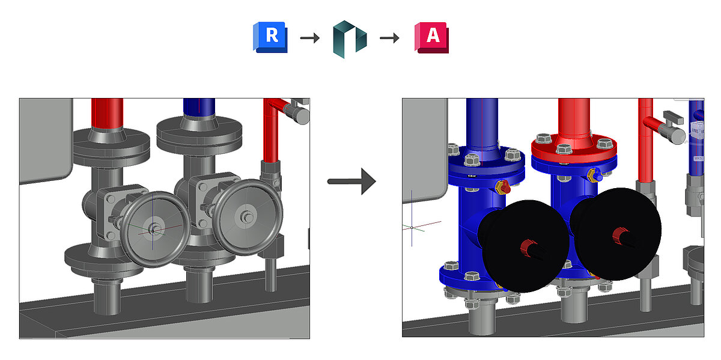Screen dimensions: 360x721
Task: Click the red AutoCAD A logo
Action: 431,37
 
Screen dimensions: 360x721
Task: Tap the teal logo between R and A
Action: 349,39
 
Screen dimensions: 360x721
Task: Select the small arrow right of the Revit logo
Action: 309,38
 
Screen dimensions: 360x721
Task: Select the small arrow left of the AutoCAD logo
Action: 390,38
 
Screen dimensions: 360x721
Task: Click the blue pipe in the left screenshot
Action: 199,108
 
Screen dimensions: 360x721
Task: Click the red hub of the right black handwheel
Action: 619,233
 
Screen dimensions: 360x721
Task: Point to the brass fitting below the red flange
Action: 594,175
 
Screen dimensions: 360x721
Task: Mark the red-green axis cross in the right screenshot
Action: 413,228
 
